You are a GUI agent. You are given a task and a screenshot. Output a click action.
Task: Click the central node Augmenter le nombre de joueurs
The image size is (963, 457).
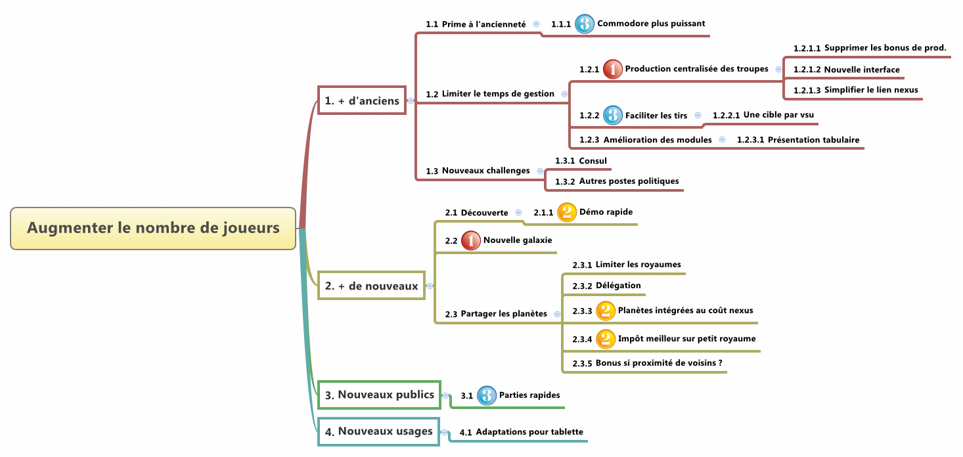(153, 229)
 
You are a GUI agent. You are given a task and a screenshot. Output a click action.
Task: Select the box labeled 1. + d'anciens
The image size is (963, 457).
(362, 100)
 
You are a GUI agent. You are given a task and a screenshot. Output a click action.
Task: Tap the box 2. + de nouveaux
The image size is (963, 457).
(371, 286)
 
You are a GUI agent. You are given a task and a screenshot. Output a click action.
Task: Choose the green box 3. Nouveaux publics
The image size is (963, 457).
(380, 395)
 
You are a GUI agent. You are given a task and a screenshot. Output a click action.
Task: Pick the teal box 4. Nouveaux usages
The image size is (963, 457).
(379, 431)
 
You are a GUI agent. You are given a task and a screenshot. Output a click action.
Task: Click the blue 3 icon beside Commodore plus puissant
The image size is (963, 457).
(585, 24)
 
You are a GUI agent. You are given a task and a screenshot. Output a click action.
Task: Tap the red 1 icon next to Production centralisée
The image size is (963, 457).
(613, 69)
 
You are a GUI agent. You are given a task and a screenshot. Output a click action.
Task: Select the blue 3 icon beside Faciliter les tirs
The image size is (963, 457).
(613, 115)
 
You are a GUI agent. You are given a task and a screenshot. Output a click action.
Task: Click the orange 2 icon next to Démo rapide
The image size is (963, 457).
(567, 212)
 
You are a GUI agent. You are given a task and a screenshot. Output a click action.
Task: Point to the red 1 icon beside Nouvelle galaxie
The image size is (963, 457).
(471, 241)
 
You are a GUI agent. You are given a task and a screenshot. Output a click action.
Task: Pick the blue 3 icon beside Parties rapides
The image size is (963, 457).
(487, 395)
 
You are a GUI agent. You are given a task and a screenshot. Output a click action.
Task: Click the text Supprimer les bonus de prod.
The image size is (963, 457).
(885, 48)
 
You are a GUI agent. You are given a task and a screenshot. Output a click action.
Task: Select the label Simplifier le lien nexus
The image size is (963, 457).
(871, 90)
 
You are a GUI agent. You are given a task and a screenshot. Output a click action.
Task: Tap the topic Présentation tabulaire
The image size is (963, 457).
(813, 140)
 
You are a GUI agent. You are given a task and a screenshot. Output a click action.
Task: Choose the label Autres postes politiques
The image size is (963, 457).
(629, 181)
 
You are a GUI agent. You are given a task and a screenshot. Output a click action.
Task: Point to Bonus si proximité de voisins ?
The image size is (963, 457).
(659, 363)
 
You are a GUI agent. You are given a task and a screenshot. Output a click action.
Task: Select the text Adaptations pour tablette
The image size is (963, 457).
(529, 431)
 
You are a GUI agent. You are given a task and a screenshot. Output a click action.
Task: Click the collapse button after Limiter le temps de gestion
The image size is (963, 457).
(564, 94)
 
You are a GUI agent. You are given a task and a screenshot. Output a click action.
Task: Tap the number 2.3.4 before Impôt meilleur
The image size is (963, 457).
(582, 339)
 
